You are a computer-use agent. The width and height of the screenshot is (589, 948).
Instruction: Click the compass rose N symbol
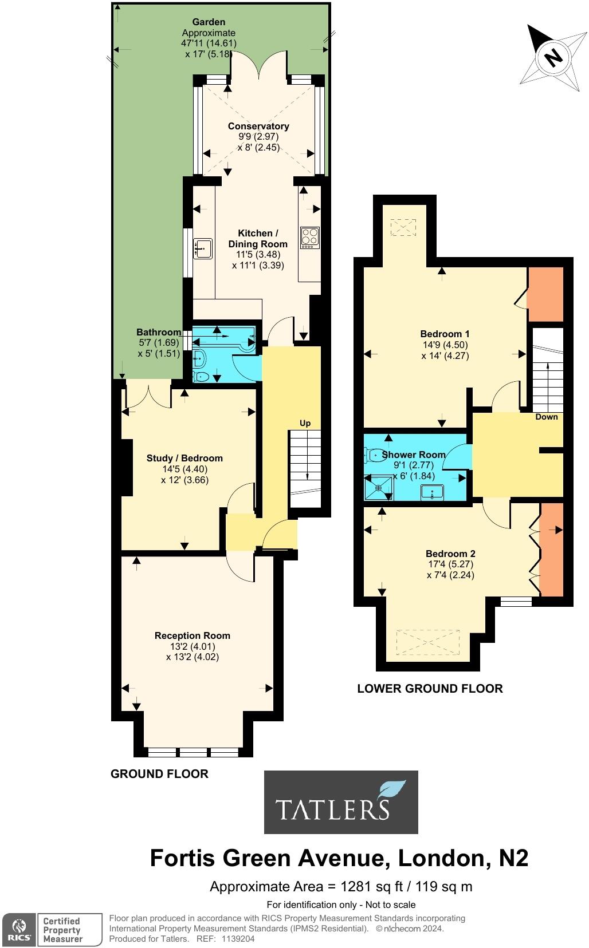coord(553,57)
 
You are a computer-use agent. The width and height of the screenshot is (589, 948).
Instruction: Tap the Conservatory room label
coord(258,126)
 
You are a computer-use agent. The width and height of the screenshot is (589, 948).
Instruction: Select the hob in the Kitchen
coord(310,237)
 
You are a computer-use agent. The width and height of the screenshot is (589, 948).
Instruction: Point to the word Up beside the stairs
coord(305,423)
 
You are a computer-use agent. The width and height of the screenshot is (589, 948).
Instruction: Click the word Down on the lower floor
coord(546,417)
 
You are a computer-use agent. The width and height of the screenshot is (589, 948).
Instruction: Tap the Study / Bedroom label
coord(184,458)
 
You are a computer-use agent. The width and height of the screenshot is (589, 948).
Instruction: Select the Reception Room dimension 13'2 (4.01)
coord(193,646)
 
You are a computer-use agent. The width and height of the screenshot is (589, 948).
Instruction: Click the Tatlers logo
coord(341,801)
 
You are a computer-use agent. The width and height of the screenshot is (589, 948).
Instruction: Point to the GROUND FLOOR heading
coord(159,774)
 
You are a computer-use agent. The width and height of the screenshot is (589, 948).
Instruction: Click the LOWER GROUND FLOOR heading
coord(430,689)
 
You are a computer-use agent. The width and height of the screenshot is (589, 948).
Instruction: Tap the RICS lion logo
coord(19,929)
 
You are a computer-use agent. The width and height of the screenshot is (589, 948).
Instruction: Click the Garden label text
coord(209,22)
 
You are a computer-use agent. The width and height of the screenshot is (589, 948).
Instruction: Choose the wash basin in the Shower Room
coord(432,491)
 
